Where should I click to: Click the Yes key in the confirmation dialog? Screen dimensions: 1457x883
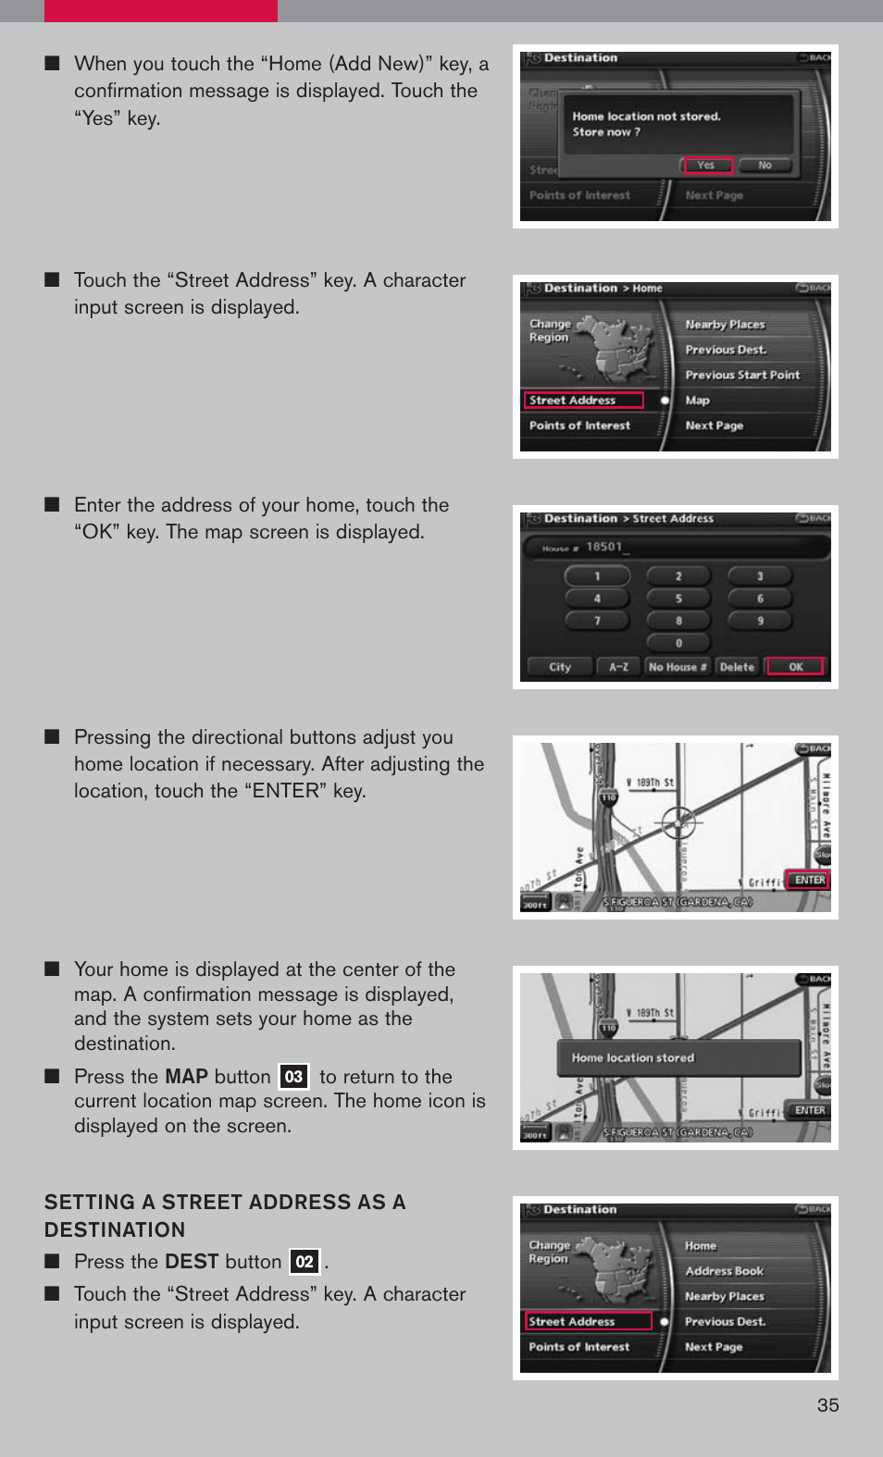point(708,166)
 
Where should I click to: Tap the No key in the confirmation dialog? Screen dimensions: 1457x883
point(765,166)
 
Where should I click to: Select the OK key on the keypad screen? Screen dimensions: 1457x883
point(795,667)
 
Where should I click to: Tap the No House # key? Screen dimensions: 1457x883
point(678,667)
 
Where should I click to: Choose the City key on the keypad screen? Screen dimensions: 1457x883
point(560,667)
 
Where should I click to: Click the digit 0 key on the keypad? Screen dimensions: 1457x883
point(678,643)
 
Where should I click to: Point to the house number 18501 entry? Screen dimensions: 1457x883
point(604,547)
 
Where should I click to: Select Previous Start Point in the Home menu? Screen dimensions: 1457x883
point(742,375)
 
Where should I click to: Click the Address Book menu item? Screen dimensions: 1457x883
point(724,1271)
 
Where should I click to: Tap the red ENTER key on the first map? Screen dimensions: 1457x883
point(809,880)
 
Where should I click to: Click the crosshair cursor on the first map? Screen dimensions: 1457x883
point(678,821)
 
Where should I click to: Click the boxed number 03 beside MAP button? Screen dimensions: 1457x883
point(293,1077)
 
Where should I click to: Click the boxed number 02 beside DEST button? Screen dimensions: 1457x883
point(305,1262)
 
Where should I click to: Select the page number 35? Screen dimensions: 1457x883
point(827,1405)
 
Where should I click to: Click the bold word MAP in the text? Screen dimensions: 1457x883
point(186,1077)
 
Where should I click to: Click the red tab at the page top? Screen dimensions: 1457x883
point(160,10)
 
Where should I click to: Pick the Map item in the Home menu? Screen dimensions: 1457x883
point(698,401)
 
